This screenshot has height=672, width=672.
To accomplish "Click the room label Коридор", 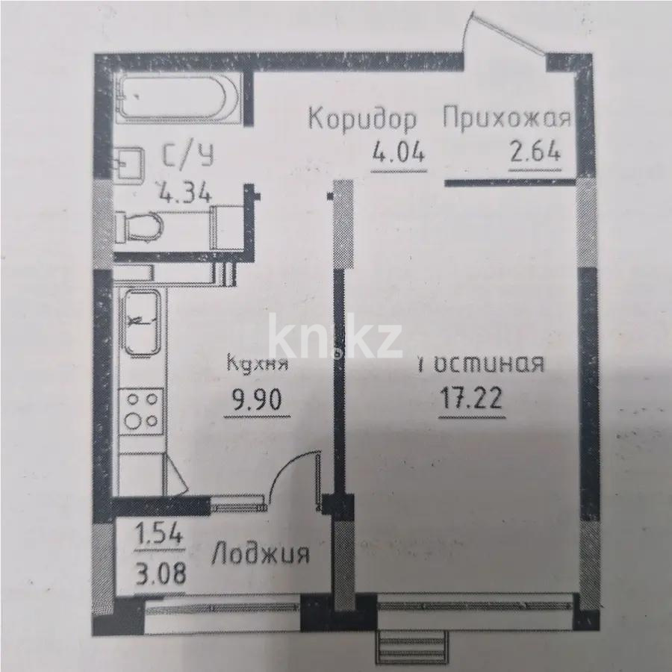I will tap(363, 119).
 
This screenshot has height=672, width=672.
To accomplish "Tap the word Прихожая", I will tap(507, 119).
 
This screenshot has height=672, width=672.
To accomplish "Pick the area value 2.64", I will tap(535, 156).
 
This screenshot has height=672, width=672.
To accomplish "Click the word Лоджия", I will tap(261, 554).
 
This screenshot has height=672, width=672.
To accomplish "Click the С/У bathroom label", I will tap(187, 156).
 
